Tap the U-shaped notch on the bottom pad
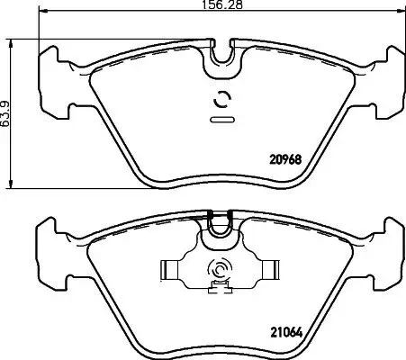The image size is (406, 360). point(220,229)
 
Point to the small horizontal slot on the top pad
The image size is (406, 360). point(220,118)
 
